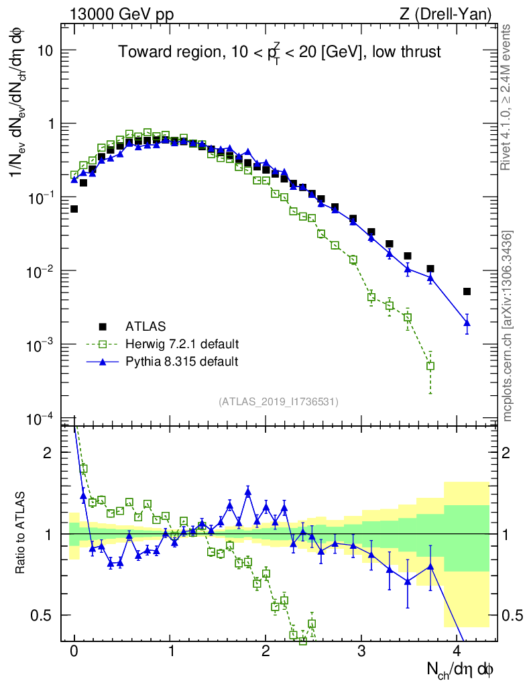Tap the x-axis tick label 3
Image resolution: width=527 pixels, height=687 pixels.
(x=361, y=651)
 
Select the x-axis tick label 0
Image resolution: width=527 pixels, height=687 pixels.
(x=74, y=651)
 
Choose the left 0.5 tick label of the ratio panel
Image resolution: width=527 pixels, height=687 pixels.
(x=44, y=615)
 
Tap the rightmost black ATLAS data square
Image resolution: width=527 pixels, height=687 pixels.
(x=467, y=291)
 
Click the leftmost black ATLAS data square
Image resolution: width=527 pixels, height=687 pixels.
(x=74, y=209)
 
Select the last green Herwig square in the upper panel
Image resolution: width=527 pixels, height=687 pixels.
(x=430, y=366)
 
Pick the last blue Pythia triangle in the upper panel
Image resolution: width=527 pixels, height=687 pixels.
(x=467, y=323)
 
